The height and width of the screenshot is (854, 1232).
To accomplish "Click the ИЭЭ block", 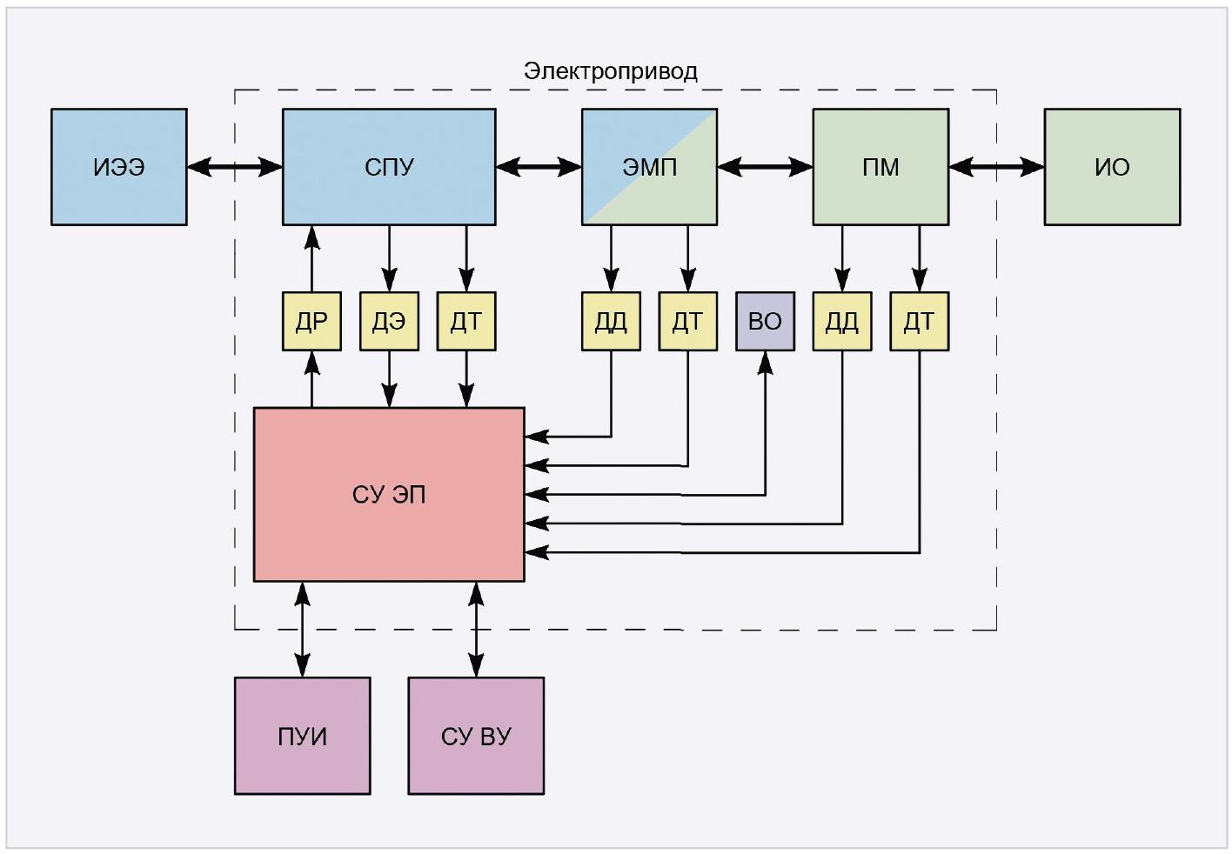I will [119, 167].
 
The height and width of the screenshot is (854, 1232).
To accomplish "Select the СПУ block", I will [389, 167].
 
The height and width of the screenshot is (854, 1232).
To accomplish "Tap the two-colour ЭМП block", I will [649, 167].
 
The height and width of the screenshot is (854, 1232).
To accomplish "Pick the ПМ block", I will [880, 167].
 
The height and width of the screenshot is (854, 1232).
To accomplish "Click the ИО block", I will [1112, 167].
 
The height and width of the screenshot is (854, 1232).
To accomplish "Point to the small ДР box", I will [311, 322].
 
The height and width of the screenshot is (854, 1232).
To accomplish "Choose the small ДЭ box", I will [389, 322].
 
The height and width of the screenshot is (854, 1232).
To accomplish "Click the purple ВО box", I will [765, 322].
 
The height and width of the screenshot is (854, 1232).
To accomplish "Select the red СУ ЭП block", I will [389, 494].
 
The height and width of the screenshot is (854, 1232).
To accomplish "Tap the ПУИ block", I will [302, 736].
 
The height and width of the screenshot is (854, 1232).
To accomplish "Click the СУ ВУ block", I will [476, 736].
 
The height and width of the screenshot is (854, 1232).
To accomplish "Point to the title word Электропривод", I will [610, 71].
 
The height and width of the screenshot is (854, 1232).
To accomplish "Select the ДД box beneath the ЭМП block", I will [611, 322].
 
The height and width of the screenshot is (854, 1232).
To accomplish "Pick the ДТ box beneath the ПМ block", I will [919, 322].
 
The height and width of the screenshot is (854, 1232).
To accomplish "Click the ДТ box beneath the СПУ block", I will [466, 322].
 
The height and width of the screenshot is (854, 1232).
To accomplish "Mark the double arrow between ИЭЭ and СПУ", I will [235, 166].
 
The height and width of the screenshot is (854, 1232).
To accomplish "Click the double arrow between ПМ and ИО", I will [996, 166].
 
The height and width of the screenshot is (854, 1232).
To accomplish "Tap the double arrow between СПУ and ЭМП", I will [539, 166].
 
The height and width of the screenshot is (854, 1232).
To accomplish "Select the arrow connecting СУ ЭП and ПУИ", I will [302, 630].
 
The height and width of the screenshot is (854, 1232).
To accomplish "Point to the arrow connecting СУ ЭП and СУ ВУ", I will [476, 630].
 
